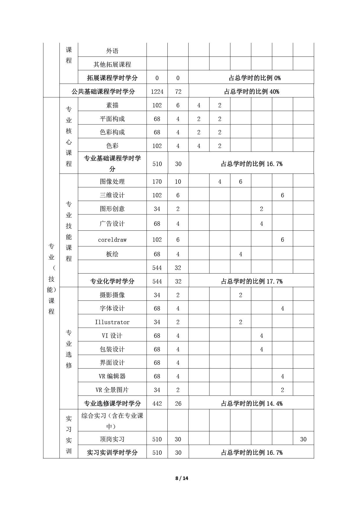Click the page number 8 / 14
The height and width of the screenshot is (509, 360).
pos(182,478)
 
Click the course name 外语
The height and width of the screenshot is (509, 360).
pos(112,51)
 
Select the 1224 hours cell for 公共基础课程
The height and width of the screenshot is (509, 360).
pos(157,92)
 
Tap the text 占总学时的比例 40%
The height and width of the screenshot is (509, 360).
pos(252,92)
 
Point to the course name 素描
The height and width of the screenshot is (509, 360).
pos(112,105)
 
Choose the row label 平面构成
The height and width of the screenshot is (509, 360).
pos(112,119)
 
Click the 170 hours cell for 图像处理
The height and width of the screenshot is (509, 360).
pos(157,182)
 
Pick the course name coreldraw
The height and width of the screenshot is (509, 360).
pos(112,240)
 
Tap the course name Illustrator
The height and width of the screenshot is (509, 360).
pos(112,322)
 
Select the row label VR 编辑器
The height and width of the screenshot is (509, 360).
pos(112,376)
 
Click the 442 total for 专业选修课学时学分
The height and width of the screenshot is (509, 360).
pos(157,404)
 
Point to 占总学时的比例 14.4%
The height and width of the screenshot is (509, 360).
pos(252,404)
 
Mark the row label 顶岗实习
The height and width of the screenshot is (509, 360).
pos(112,439)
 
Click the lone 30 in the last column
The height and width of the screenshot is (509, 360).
pos(303,439)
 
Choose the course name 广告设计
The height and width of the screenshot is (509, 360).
pos(112,224)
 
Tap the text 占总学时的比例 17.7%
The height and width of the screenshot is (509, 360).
pos(252,281)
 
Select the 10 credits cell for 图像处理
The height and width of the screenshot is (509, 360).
pos(178,182)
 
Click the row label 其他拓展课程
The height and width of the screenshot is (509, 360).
pos(112,64)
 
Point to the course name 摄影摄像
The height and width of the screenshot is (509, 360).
pos(112,295)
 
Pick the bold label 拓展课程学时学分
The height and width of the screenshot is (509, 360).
pos(112,78)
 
